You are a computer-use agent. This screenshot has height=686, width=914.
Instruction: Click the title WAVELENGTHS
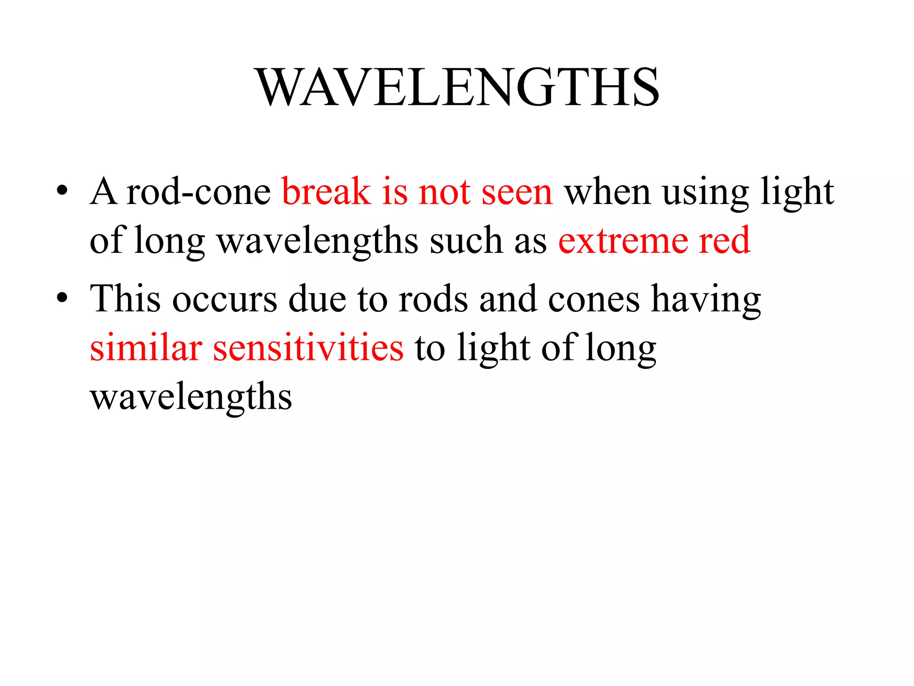pyautogui.click(x=457, y=87)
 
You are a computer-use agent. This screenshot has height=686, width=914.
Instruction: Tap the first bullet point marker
pyautogui.click(x=62, y=191)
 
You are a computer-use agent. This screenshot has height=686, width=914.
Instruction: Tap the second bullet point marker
pyautogui.click(x=62, y=298)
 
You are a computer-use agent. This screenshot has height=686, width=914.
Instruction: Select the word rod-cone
pyautogui.click(x=198, y=192)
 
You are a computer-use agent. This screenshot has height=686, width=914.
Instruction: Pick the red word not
pyautogui.click(x=444, y=192)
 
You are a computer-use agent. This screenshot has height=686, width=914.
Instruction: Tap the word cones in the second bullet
pyautogui.click(x=594, y=299)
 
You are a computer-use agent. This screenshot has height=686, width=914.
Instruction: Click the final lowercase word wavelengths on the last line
pyautogui.click(x=191, y=397)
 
